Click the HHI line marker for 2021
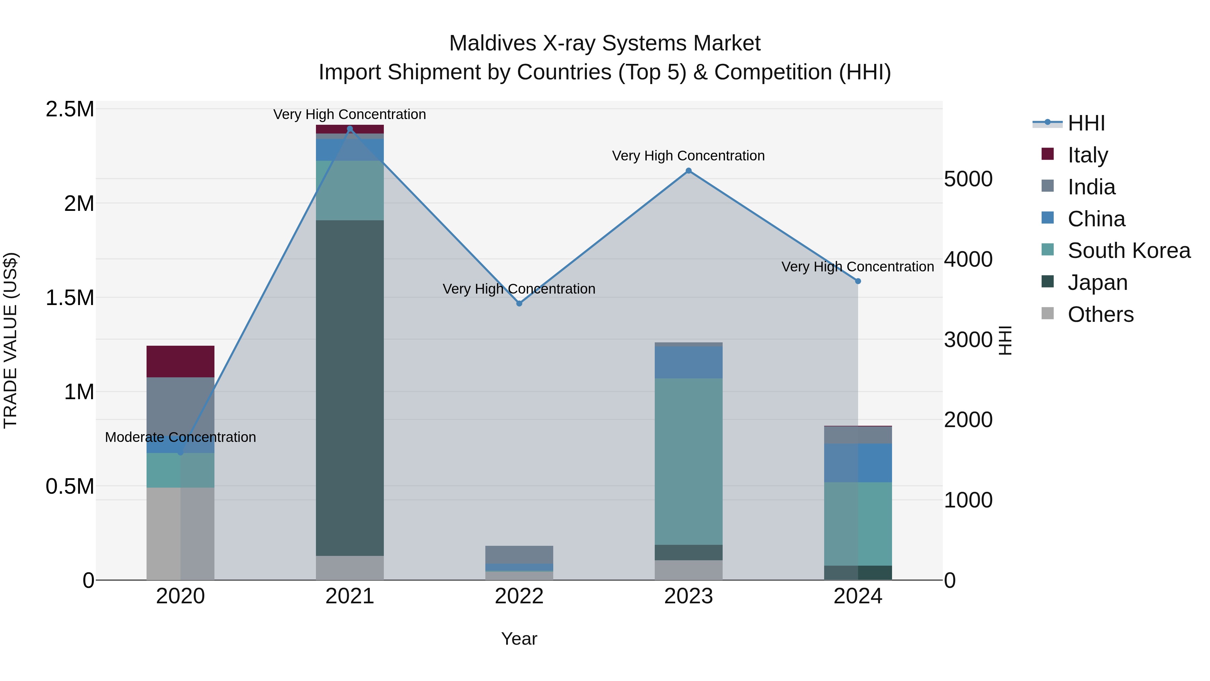(x=350, y=129)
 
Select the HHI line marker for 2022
(x=519, y=304)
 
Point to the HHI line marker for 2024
(x=858, y=281)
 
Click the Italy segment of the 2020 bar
(x=180, y=362)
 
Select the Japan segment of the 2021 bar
(x=350, y=388)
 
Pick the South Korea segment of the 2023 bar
(x=689, y=461)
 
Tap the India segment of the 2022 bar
(x=519, y=555)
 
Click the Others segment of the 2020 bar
(x=180, y=533)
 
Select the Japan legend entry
(x=1097, y=282)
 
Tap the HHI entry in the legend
(x=1086, y=123)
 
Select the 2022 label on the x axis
(x=519, y=596)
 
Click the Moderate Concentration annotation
(x=180, y=437)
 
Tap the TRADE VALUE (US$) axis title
(x=10, y=340)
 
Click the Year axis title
(x=519, y=639)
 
